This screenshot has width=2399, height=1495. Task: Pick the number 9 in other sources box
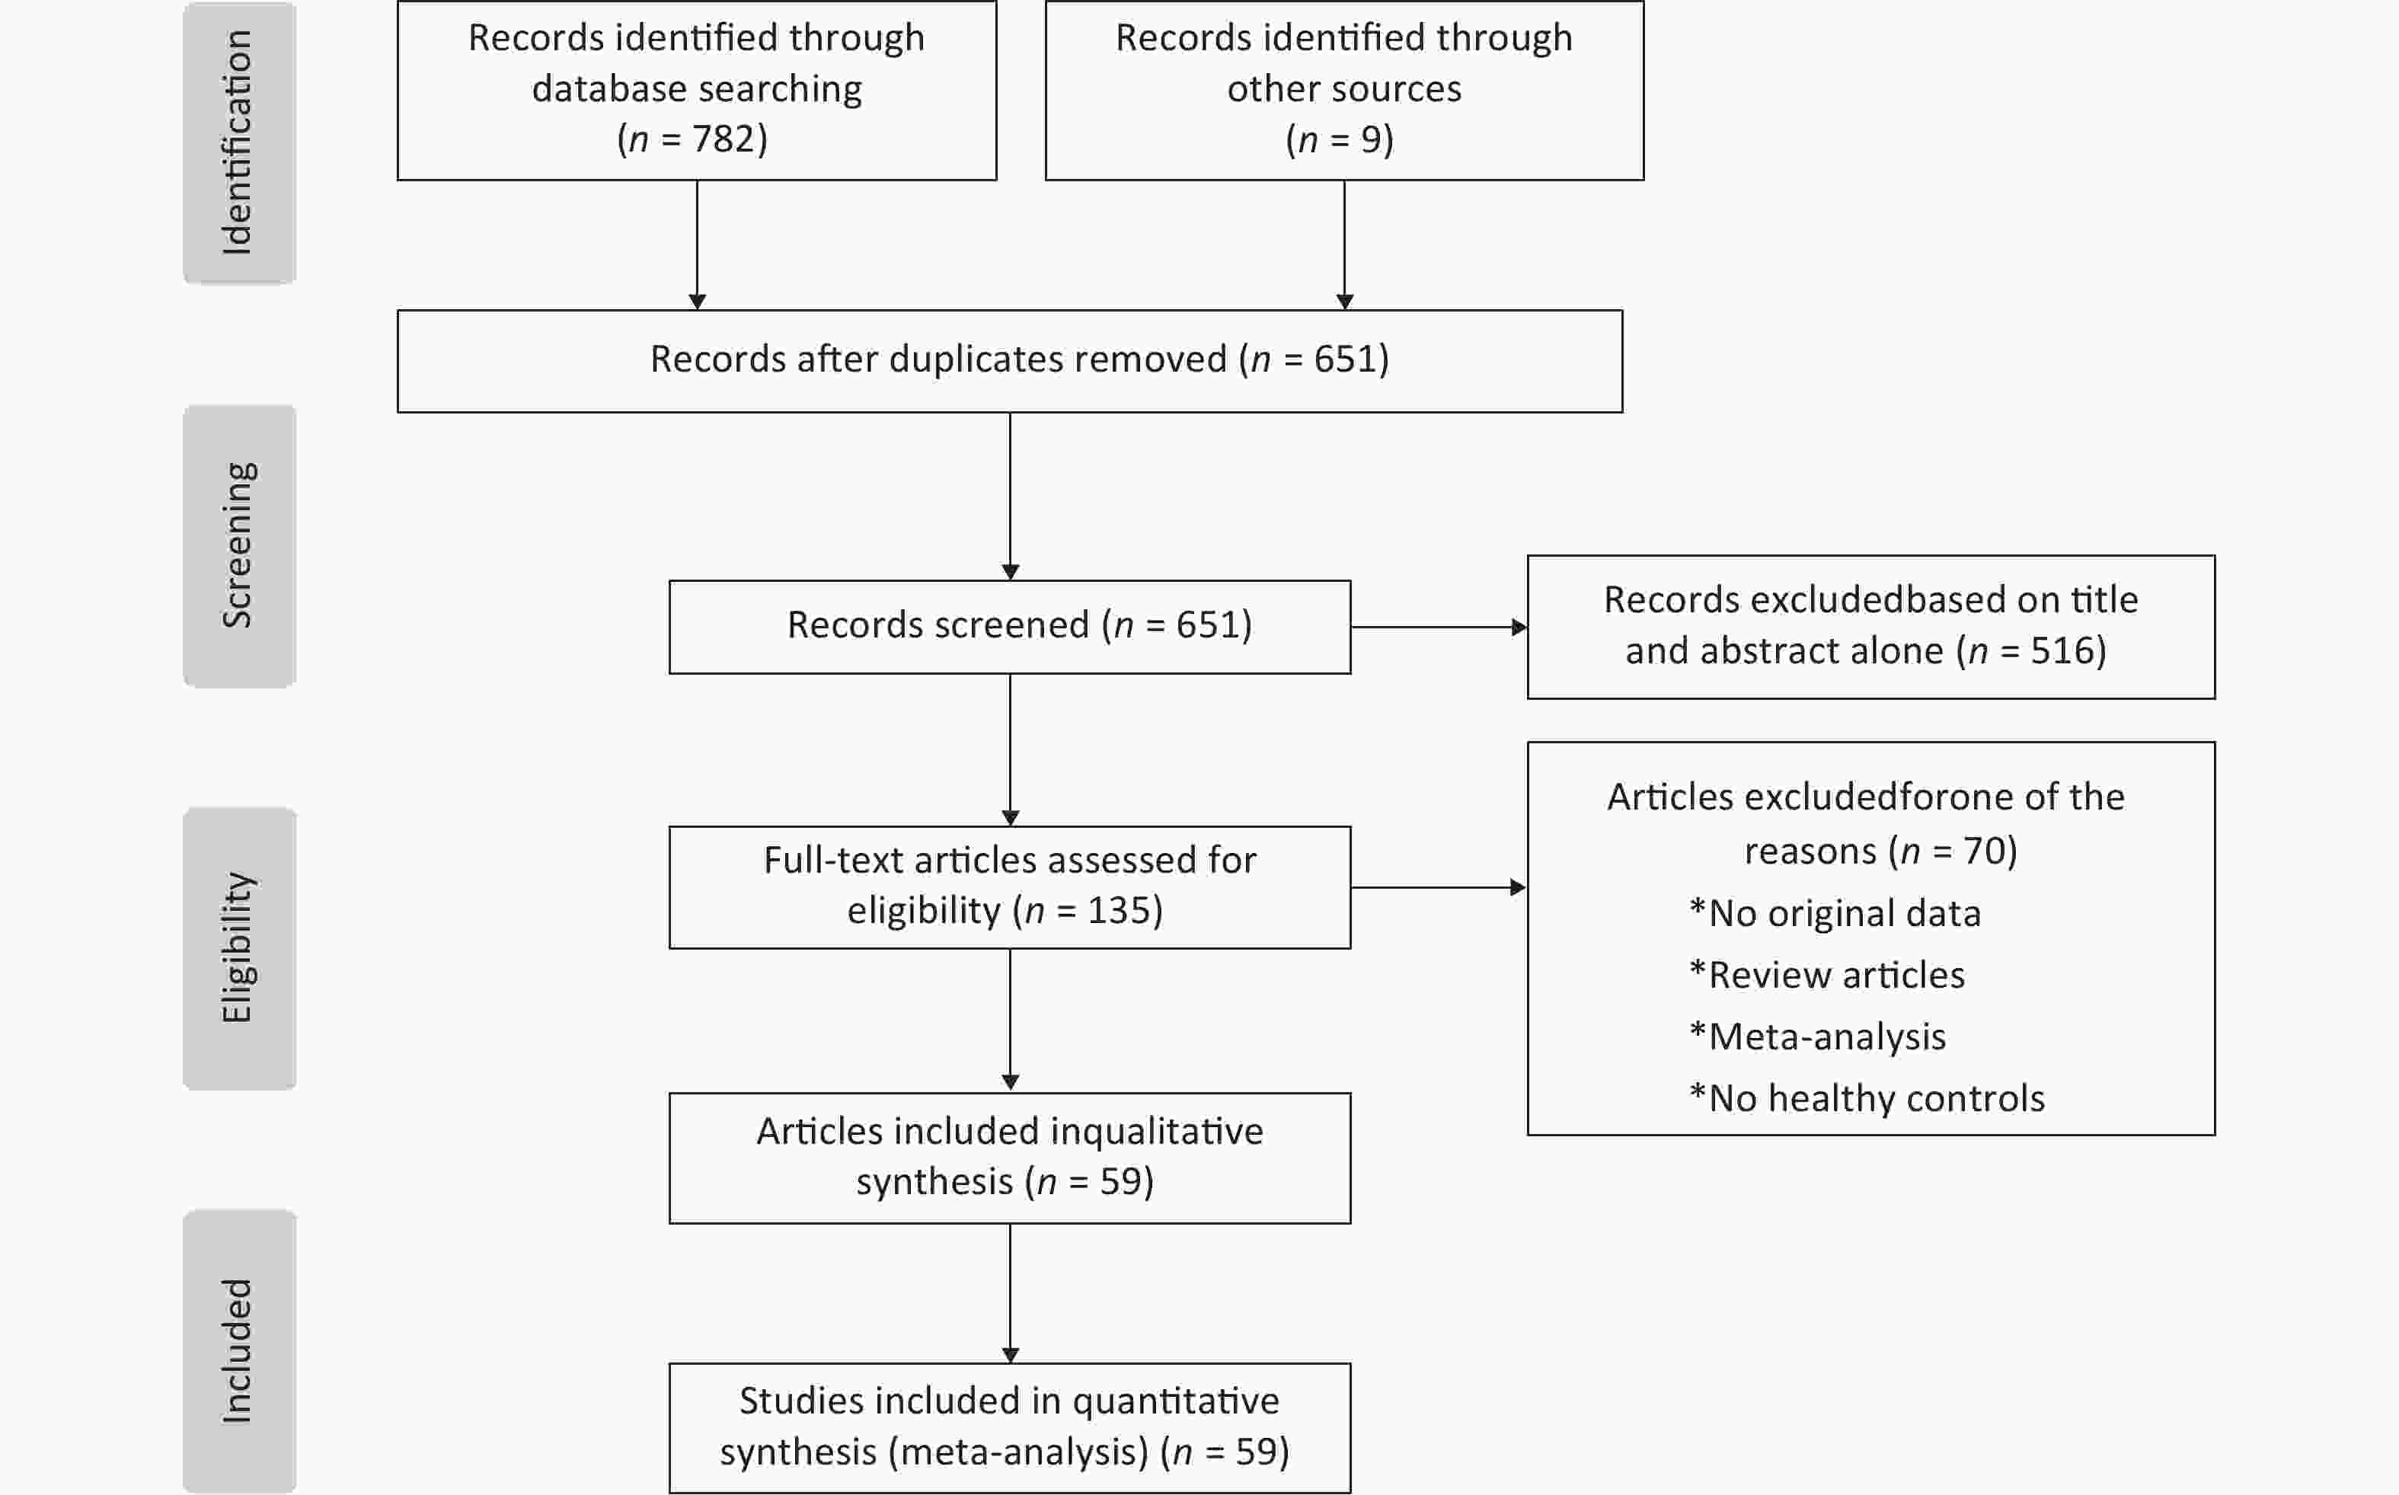[x=1370, y=139]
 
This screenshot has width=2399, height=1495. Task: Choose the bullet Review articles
[x=1827, y=975]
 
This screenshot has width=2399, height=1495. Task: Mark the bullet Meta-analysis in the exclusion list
[x=1818, y=1037]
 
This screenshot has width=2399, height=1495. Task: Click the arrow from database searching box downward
[x=697, y=245]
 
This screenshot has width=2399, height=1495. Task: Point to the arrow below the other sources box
[x=1344, y=245]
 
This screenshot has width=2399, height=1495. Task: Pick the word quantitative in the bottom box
[x=1175, y=1402]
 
